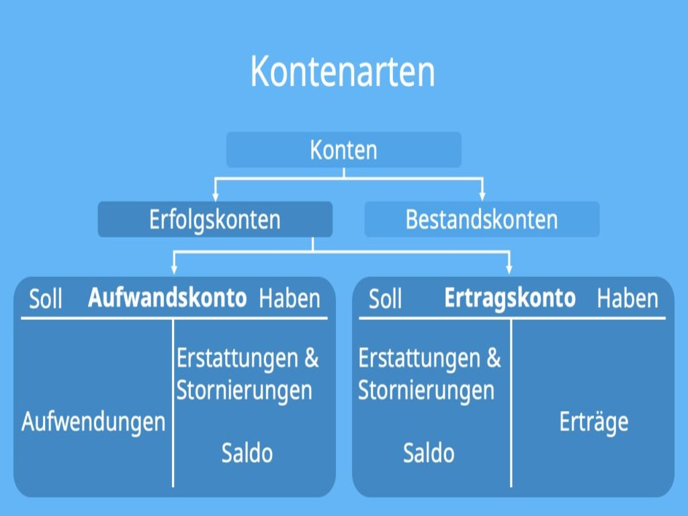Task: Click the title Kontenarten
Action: click(x=343, y=71)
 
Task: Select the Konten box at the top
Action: click(x=343, y=150)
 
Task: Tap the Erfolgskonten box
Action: click(x=215, y=220)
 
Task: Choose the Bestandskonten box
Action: click(x=482, y=220)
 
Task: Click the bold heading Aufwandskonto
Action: click(x=167, y=298)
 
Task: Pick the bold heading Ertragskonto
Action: click(x=510, y=298)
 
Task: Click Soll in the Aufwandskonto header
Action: click(x=45, y=299)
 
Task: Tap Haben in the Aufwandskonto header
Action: click(x=290, y=299)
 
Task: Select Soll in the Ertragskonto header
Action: click(x=385, y=299)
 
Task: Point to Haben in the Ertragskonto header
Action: click(x=628, y=299)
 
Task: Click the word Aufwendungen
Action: click(x=93, y=422)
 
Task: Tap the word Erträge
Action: click(x=594, y=422)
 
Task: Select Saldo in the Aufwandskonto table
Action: click(x=247, y=453)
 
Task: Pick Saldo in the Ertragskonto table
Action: click(x=429, y=453)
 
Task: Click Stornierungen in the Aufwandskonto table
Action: click(x=244, y=390)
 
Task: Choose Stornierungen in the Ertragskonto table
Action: click(x=426, y=390)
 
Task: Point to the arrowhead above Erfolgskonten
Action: click(x=216, y=196)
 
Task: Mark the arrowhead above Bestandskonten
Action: click(x=482, y=196)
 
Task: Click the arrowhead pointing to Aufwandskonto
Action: click(x=174, y=269)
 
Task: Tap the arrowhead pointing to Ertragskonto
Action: click(x=509, y=269)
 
